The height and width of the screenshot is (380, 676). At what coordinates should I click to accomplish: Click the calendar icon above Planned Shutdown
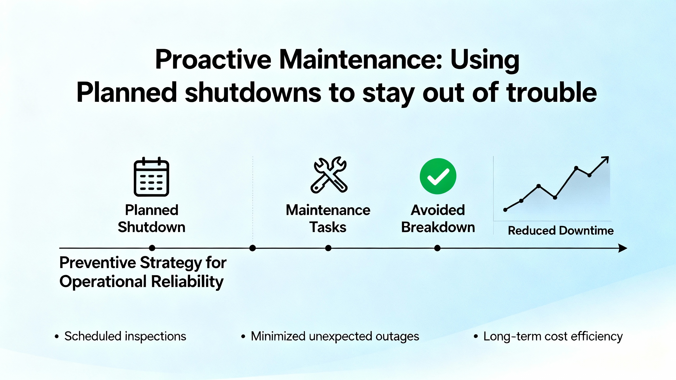151,177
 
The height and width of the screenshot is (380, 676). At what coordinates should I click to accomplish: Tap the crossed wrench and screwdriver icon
329,175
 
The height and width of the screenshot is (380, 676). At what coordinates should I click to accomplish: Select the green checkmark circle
438,176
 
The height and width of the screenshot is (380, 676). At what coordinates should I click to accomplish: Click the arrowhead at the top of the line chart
605,159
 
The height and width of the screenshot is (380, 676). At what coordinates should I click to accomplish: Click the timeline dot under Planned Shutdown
152,248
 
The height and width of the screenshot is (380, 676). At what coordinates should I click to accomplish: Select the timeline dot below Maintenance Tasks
328,248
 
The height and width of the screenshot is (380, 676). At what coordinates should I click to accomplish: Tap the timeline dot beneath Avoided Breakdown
437,248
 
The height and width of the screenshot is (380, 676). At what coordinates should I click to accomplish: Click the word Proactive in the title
213,59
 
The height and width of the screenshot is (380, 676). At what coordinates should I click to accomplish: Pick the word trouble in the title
552,92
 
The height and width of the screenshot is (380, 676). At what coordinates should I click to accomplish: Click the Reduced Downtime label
561,231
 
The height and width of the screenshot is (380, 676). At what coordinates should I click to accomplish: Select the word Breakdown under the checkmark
438,227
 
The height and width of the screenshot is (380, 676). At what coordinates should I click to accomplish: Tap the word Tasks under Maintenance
328,227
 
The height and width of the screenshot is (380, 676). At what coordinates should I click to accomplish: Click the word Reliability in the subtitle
187,281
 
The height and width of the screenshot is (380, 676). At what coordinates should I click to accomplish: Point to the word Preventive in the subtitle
97,263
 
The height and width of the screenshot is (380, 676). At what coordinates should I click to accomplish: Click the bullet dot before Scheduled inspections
57,336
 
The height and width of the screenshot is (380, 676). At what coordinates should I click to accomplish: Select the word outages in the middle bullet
397,337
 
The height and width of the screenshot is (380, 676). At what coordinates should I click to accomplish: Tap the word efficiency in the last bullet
596,337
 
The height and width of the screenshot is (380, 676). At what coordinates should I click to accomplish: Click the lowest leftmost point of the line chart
505,210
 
